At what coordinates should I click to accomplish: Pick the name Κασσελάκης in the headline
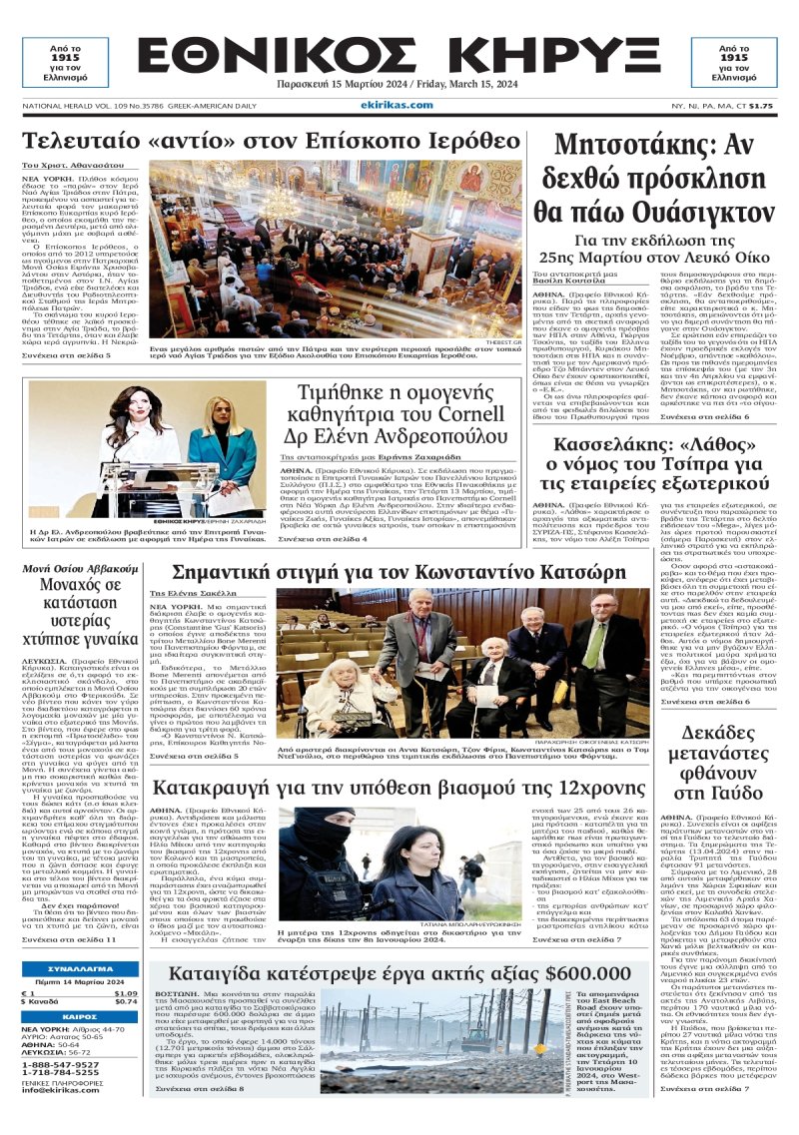(594, 439)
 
